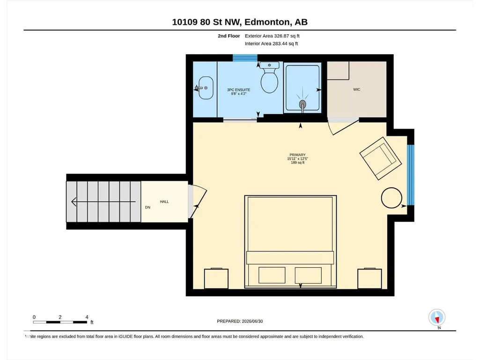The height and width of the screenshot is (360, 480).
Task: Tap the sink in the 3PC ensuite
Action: click(x=206, y=88)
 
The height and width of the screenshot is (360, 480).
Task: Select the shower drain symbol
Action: click(x=303, y=104)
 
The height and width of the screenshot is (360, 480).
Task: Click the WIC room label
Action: click(x=357, y=89)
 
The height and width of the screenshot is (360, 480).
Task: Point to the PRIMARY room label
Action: click(x=297, y=155)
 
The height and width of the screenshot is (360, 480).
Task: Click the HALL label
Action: click(x=164, y=202)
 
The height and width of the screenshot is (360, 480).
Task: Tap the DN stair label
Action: click(x=148, y=207)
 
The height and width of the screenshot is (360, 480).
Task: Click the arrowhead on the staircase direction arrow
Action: click(x=74, y=202)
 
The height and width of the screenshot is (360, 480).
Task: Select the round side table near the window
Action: click(x=391, y=198)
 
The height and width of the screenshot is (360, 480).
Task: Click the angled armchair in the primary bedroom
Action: click(x=381, y=158)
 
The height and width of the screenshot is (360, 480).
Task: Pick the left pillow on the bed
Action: click(x=272, y=275)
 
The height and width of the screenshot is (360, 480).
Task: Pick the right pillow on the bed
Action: click(x=308, y=275)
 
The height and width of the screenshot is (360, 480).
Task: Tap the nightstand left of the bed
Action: click(x=216, y=279)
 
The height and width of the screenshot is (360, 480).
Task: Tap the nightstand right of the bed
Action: click(x=369, y=279)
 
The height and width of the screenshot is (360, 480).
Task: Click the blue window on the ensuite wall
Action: click(x=245, y=58)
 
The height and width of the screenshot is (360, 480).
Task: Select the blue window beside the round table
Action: click(x=411, y=175)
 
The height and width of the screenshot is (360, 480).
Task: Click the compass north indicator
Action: click(x=437, y=318)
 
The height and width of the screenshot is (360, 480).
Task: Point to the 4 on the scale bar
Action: click(x=87, y=317)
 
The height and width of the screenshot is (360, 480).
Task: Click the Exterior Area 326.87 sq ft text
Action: click(x=272, y=36)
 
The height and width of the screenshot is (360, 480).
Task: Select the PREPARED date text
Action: click(x=240, y=321)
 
